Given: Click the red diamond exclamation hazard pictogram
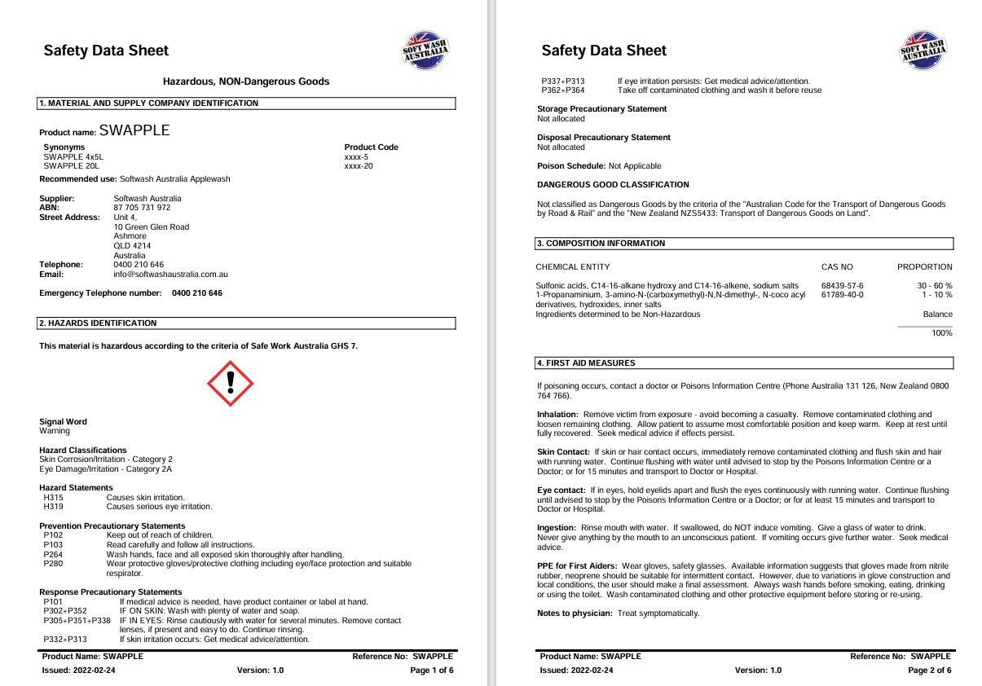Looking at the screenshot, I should pyautogui.click(x=231, y=383).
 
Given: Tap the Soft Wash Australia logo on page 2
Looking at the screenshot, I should pyautogui.click(x=923, y=51).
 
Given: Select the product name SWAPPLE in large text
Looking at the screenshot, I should pyautogui.click(x=134, y=130).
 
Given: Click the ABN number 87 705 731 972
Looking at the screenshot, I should pyautogui.click(x=142, y=208).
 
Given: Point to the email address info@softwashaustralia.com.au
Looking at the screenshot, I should pyautogui.click(x=170, y=275).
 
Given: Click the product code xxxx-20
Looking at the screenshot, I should pyautogui.click(x=359, y=166).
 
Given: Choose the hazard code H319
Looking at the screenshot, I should pyautogui.click(x=53, y=507).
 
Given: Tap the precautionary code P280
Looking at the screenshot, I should pyautogui.click(x=53, y=564).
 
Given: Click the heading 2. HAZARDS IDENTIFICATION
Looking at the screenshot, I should pyautogui.click(x=99, y=323).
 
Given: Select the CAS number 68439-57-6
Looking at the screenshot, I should pyautogui.click(x=842, y=286).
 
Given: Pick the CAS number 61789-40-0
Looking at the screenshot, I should pyautogui.click(x=842, y=295).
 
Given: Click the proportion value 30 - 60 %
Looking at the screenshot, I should pyautogui.click(x=935, y=286).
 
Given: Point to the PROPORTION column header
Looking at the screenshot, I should pyautogui.click(x=924, y=266).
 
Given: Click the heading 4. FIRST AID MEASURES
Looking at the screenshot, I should pyautogui.click(x=586, y=363).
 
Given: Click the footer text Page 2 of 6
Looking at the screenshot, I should pyautogui.click(x=929, y=671).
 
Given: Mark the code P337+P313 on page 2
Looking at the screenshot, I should pyautogui.click(x=562, y=81).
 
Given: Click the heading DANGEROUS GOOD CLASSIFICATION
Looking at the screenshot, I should pyautogui.click(x=613, y=185).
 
